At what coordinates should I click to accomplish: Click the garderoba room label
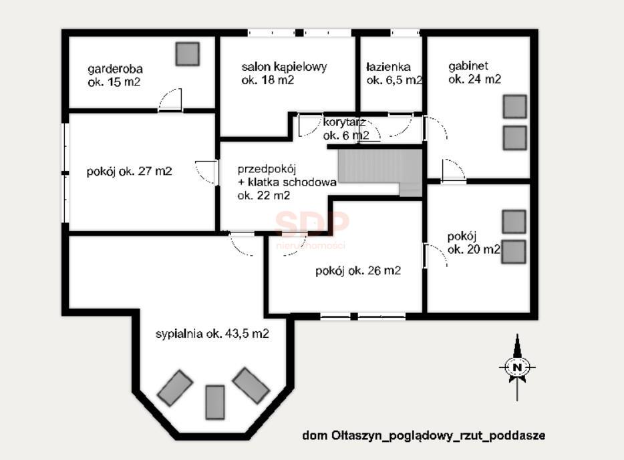(x=114, y=75)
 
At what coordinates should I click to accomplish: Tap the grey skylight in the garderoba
(x=188, y=53)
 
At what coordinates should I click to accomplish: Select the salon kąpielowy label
(x=284, y=73)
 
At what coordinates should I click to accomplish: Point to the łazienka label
(x=394, y=73)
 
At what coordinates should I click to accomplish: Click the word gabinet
(x=468, y=66)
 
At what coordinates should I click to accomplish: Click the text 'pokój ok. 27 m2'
(x=130, y=172)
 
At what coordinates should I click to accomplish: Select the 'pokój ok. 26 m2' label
(x=358, y=271)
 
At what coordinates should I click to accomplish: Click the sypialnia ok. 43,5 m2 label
(x=212, y=334)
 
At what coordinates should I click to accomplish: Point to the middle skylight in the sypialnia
(x=215, y=402)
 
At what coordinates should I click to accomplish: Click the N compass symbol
(x=517, y=367)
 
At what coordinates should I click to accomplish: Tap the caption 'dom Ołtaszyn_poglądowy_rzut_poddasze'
(x=424, y=435)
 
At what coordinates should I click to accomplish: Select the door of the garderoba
(x=170, y=99)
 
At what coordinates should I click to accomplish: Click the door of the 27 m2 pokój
(x=207, y=172)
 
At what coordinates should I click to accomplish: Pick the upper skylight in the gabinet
(x=514, y=107)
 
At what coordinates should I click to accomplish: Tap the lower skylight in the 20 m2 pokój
(x=513, y=252)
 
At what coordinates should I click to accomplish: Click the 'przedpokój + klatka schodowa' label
(x=287, y=182)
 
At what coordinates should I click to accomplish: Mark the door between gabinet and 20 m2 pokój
(x=453, y=171)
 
